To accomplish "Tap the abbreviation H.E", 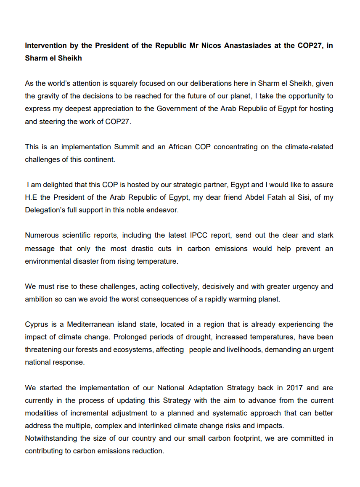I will click(32, 197).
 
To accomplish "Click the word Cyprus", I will click(37, 324).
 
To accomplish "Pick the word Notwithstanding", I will click(51, 438).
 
